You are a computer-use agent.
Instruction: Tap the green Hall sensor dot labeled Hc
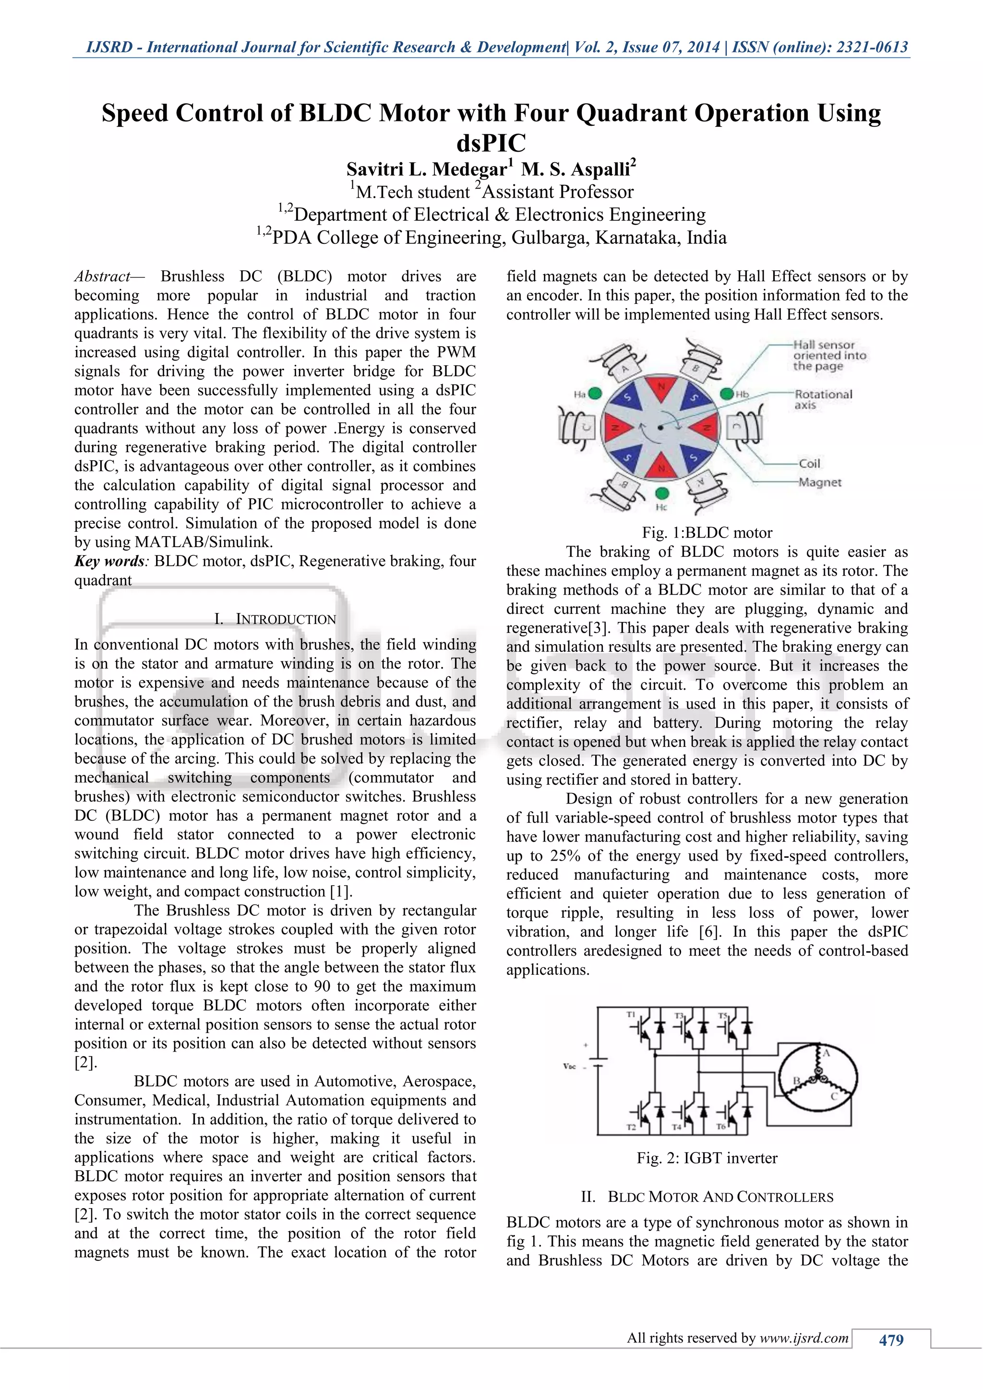tap(662, 493)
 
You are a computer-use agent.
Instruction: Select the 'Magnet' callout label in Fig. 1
tap(820, 482)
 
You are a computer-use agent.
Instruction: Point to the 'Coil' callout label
tap(809, 464)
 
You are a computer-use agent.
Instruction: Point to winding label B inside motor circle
tap(797, 1080)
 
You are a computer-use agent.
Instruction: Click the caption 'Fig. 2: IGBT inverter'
tap(707, 1158)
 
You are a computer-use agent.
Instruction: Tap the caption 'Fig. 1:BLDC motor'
tap(707, 533)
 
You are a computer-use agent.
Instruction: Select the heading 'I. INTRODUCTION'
tap(275, 619)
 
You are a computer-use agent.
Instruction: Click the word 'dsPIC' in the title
tap(491, 144)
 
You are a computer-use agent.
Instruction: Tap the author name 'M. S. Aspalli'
tap(577, 169)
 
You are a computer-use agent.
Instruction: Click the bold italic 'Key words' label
tap(109, 561)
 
